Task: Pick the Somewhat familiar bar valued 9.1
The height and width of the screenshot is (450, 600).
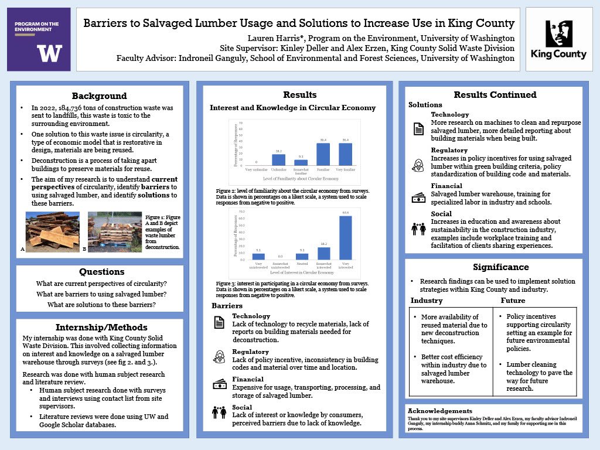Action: [301, 162]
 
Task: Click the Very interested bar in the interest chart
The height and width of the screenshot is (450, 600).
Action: [346, 237]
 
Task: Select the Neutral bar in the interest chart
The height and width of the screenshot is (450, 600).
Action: [301, 256]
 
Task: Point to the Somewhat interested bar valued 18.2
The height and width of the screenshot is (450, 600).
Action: [323, 253]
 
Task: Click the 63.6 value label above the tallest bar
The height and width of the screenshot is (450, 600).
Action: [346, 213]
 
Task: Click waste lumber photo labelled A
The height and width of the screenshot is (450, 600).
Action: [53, 232]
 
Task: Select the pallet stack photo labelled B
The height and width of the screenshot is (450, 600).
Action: [114, 232]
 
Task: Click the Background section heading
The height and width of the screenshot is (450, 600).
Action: [99, 96]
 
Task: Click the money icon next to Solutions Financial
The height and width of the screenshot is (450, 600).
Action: [418, 197]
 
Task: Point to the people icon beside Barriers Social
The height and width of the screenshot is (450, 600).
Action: [219, 412]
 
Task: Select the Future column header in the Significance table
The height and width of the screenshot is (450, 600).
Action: [513, 301]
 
